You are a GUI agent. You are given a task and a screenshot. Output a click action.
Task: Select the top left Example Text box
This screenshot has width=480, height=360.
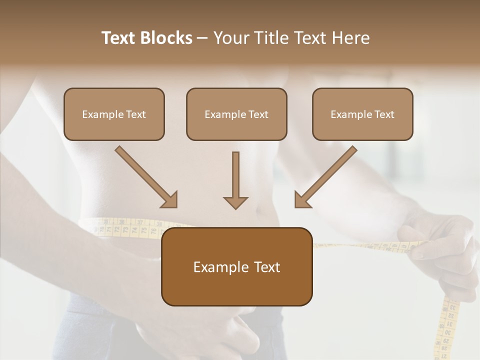point(114,114)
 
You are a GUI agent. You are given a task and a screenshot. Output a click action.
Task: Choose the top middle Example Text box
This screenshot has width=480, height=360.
point(236,114)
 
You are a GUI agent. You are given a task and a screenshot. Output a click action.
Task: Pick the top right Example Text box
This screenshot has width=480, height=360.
point(362,114)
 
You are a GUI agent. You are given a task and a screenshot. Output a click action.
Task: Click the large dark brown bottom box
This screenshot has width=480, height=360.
point(236,266)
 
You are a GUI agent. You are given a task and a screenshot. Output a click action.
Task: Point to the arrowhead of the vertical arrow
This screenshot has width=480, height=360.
point(235,202)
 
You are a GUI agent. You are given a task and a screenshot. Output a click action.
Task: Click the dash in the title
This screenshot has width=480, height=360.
point(202,38)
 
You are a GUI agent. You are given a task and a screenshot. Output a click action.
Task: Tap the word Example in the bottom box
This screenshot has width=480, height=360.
point(220,267)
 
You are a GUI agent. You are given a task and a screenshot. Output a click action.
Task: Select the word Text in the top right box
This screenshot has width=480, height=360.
point(384,114)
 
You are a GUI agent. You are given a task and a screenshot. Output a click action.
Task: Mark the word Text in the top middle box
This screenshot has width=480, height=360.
point(258,114)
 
